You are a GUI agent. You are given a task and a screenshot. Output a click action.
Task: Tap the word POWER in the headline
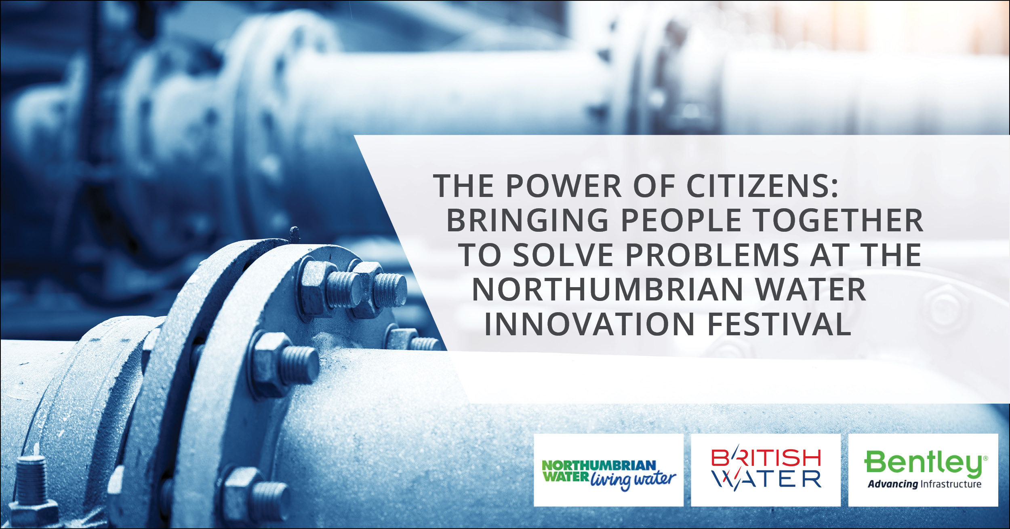point(564,186)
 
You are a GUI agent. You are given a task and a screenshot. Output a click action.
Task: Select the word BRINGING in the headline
point(527,220)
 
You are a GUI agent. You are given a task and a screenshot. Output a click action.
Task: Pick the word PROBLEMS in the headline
point(712,255)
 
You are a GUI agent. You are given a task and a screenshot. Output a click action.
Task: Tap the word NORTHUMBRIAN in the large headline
point(608,290)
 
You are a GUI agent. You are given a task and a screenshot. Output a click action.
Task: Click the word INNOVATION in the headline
point(589,324)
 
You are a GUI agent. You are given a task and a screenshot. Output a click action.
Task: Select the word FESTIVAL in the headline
point(779,324)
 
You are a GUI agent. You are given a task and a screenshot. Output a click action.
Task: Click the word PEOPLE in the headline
point(681,220)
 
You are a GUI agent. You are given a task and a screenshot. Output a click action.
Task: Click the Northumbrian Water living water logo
point(608,470)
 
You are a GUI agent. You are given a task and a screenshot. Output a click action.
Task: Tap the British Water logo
point(766,470)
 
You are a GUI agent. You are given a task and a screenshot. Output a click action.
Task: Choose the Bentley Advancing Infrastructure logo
point(923,470)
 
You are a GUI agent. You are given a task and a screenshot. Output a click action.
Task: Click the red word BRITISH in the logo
point(766,457)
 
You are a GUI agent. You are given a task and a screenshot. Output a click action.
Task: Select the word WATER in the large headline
point(810,290)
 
